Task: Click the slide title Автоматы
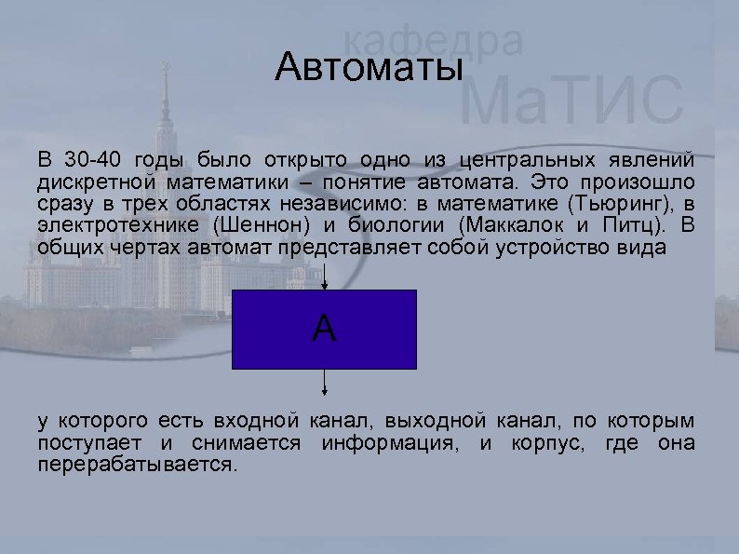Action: tap(369, 69)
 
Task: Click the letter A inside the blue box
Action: tap(324, 328)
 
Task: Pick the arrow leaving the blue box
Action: tap(324, 383)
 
